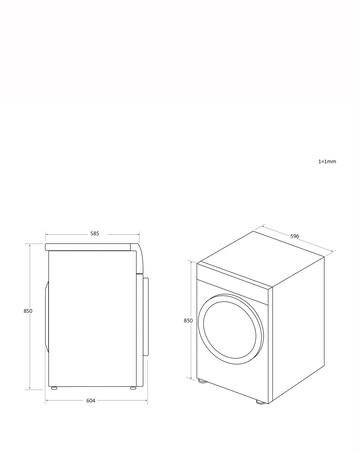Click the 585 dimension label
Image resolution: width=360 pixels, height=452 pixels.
[94, 233]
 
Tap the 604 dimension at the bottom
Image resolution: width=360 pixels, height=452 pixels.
[91, 400]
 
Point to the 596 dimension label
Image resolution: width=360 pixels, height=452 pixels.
[295, 236]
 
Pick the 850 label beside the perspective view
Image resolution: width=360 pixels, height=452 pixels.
[187, 321]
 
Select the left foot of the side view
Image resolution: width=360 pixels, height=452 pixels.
[58, 388]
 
